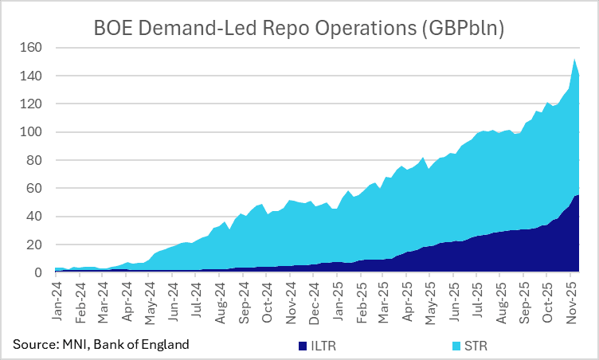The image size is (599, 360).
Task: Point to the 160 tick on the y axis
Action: click(37, 48)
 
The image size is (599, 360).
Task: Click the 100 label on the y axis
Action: click(37, 132)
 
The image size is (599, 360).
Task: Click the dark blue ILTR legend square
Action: click(301, 346)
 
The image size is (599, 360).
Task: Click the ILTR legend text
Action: click(320, 346)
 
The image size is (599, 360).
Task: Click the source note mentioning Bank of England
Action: click(101, 344)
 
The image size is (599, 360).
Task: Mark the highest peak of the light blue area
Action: click(574, 59)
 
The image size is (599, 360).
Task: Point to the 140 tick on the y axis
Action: click(37, 76)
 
